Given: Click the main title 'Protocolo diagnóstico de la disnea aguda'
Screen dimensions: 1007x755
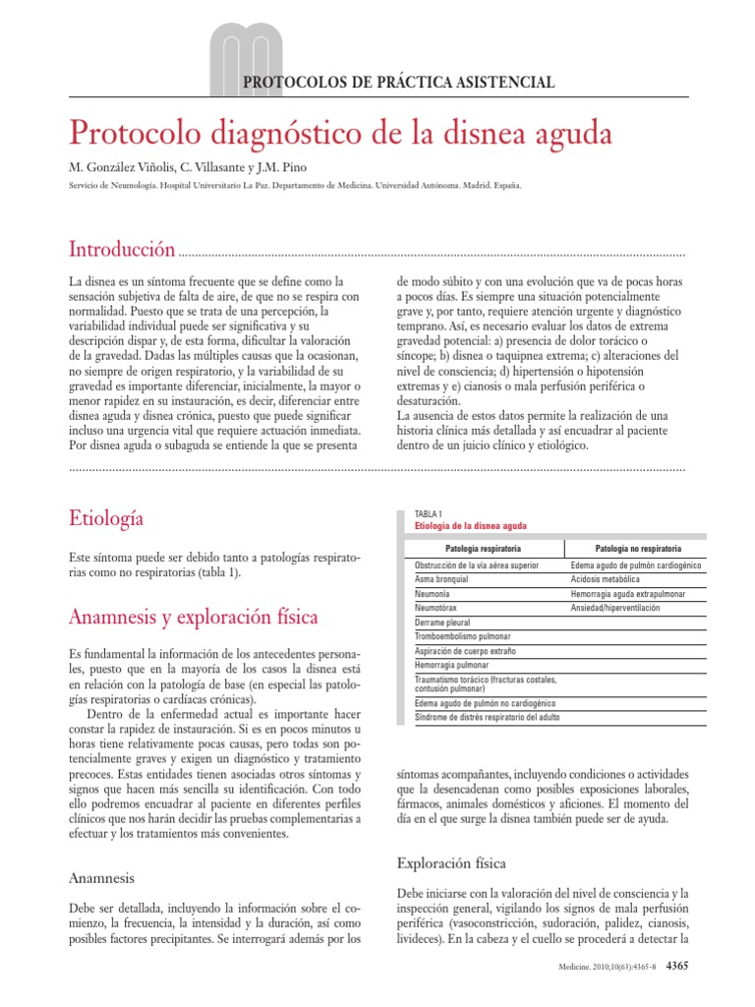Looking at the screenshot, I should [x=339, y=133].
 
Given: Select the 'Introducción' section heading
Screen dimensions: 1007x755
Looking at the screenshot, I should [x=122, y=248].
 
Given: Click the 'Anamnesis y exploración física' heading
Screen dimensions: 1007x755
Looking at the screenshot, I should [x=193, y=618].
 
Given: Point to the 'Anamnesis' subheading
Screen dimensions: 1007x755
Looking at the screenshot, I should [x=101, y=877].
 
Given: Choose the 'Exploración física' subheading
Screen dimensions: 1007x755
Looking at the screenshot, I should [x=451, y=863].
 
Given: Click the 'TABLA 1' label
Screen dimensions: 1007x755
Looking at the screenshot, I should [x=430, y=514].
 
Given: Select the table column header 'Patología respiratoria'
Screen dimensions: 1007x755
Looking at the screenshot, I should [x=483, y=547].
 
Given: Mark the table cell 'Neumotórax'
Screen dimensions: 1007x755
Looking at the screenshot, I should [x=438, y=609].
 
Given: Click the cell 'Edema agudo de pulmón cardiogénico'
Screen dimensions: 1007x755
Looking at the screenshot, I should [x=635, y=566].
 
